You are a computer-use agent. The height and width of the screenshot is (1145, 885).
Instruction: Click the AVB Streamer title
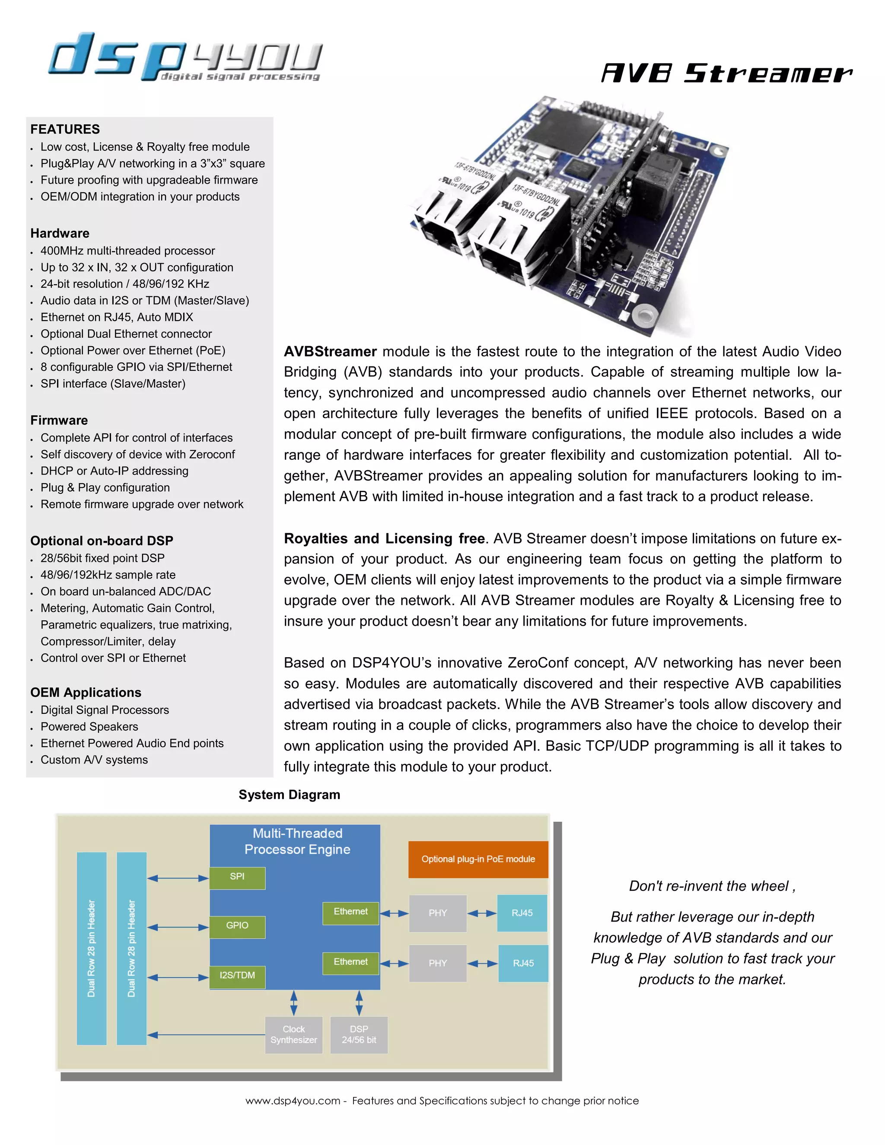click(727, 73)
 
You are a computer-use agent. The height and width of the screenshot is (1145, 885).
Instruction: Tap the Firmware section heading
click(59, 420)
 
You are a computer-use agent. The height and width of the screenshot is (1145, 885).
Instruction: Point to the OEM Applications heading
click(86, 693)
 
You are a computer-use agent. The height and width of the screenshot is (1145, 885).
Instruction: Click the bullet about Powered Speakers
click(89, 727)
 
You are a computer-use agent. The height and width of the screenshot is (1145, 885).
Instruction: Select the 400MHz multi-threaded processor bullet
click(128, 251)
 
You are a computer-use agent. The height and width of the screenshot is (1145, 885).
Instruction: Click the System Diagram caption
click(290, 795)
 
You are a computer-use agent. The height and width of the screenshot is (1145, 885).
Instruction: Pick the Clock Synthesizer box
click(293, 1034)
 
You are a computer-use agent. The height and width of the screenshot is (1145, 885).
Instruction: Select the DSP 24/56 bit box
click(359, 1034)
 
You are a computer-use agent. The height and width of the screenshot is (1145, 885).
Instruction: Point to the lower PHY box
click(438, 963)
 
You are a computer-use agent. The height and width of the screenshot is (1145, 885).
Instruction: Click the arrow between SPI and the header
click(178, 878)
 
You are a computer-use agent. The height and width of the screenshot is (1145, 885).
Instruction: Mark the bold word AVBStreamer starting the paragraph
click(330, 351)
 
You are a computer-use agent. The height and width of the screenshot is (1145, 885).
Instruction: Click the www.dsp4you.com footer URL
click(293, 1101)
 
